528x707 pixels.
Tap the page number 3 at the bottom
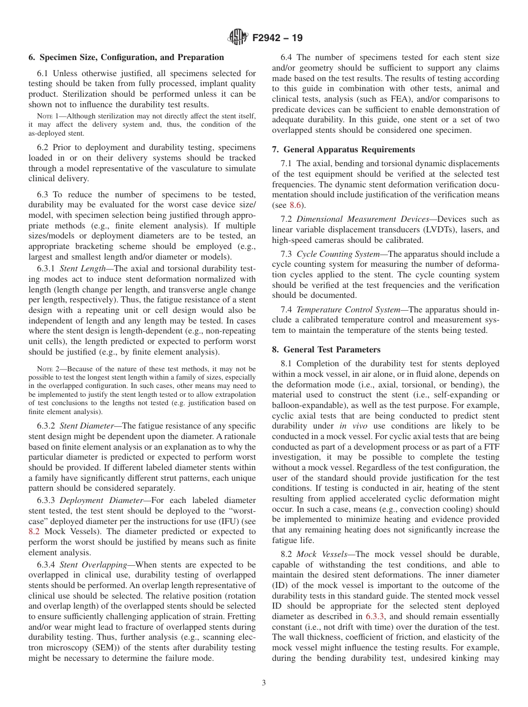264,683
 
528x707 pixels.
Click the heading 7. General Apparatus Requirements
343,150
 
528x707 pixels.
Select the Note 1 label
47,116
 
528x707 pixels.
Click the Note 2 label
47,369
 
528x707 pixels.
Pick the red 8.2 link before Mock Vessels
34,531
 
